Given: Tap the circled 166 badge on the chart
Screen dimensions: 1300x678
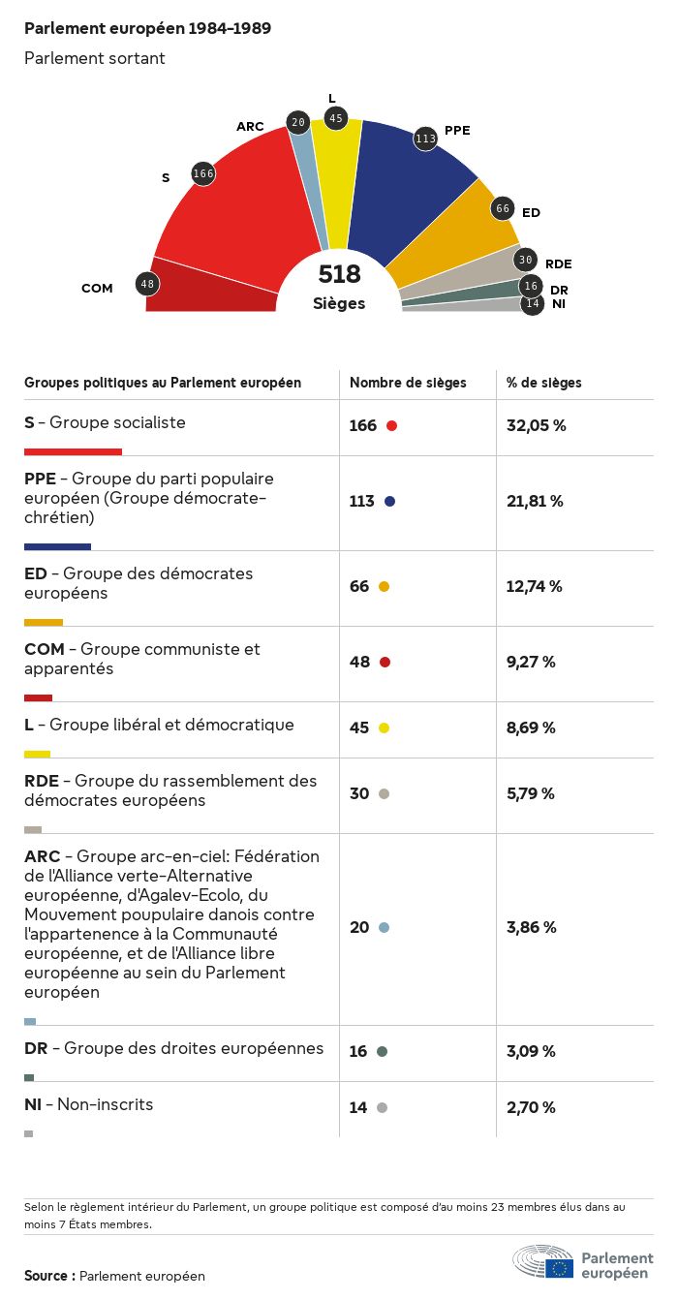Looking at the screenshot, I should (x=203, y=173).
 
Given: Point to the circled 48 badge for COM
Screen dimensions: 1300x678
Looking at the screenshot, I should (x=147, y=284).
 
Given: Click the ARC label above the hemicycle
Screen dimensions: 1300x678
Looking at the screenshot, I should (x=250, y=127).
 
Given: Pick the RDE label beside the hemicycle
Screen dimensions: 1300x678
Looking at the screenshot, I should (x=558, y=263).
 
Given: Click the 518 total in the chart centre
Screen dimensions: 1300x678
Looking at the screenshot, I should (x=339, y=274).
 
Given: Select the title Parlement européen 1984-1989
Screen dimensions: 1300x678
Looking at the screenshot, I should (x=147, y=29).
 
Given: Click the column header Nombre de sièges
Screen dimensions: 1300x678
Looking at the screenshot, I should (x=408, y=383).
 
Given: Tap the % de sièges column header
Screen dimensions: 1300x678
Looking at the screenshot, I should (x=544, y=383).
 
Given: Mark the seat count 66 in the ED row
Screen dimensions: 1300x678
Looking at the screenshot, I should (x=359, y=586).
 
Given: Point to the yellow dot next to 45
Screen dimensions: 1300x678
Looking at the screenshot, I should (x=384, y=727).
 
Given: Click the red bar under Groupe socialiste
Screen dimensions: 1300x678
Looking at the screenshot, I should (x=73, y=451).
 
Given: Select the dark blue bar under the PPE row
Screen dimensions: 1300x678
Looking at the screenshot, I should (x=57, y=546).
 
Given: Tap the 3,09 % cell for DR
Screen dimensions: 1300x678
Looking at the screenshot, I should (x=532, y=1051).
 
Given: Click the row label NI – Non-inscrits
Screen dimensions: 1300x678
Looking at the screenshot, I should (x=89, y=1104).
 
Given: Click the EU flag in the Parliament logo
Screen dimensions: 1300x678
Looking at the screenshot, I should (x=559, y=1268).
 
